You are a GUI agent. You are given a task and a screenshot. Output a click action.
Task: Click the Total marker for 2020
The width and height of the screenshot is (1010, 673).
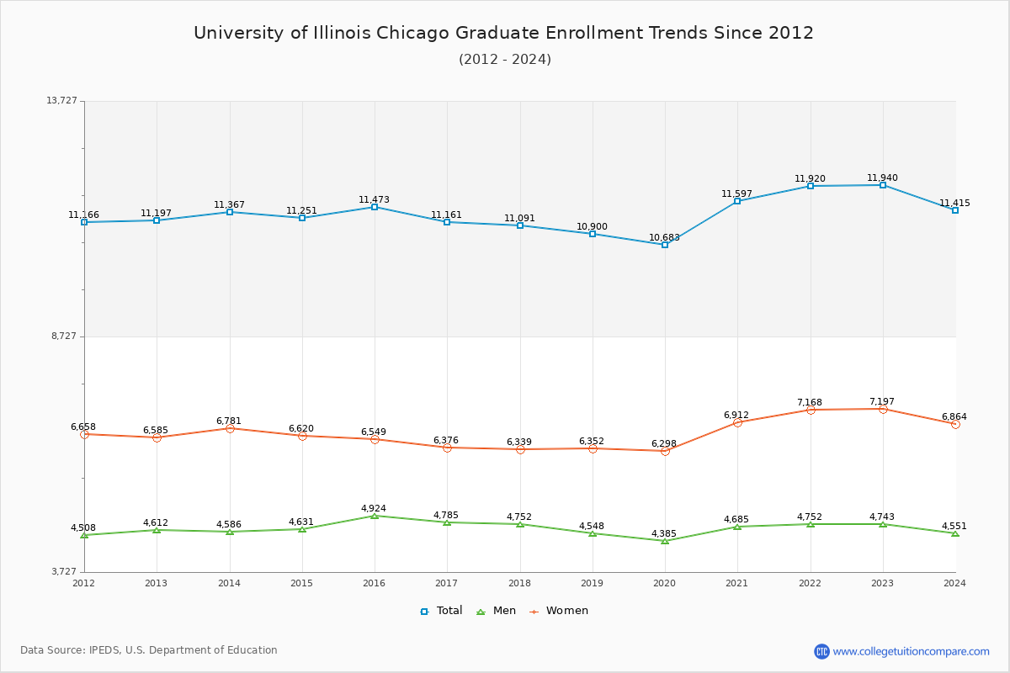[x=665, y=245]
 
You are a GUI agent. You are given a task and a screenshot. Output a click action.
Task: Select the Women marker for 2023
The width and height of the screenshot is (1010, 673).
[x=883, y=409]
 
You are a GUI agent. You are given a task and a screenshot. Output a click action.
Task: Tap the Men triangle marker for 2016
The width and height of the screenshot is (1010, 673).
[x=375, y=516]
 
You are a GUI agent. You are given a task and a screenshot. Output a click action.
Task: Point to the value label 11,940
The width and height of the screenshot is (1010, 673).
[x=882, y=178]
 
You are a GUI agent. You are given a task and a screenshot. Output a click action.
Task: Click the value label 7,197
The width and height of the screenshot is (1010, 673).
[x=882, y=402]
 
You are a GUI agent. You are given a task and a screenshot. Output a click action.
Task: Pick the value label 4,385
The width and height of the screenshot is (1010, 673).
[x=664, y=534]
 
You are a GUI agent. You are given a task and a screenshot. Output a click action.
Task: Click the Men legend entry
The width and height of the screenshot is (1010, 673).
[x=497, y=611]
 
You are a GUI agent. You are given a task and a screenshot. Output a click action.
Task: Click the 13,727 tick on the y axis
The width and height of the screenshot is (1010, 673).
[x=61, y=101]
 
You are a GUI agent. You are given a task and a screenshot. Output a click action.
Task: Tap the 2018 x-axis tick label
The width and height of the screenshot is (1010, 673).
[x=519, y=583]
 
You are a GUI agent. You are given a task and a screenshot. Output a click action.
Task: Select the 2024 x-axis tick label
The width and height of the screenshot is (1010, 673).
[x=954, y=583]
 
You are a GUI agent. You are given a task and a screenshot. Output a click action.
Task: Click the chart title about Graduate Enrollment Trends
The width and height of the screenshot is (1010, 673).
[x=503, y=33]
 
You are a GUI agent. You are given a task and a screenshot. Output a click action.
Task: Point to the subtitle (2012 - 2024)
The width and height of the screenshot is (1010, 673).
[x=505, y=60]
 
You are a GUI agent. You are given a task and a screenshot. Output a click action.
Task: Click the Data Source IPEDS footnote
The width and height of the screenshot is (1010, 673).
[x=149, y=650]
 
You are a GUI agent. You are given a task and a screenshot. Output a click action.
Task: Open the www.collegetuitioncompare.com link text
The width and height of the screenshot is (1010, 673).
[x=911, y=651]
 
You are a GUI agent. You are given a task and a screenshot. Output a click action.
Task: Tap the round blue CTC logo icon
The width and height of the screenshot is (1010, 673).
[x=821, y=651]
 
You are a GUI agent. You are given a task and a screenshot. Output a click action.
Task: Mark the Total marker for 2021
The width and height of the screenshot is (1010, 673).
[x=737, y=201]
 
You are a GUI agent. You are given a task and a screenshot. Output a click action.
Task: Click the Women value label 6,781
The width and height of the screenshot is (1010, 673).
[x=229, y=421]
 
